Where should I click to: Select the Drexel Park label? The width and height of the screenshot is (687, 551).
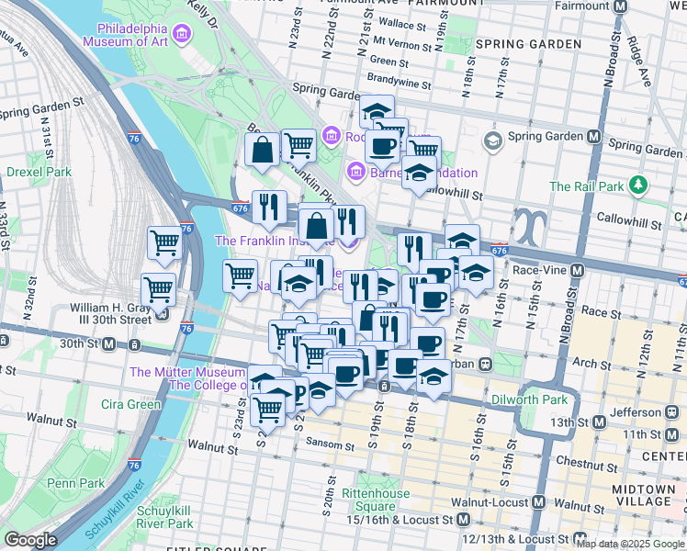coord(39,172)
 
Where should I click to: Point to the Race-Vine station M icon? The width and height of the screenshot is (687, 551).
coord(577,271)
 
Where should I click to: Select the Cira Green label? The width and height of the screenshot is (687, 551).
coord(131,404)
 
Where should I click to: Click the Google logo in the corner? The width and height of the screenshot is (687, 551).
coord(30,540)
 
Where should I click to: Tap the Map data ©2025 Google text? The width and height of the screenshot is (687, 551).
coord(630,544)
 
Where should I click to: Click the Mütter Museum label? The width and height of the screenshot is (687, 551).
coord(186,372)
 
